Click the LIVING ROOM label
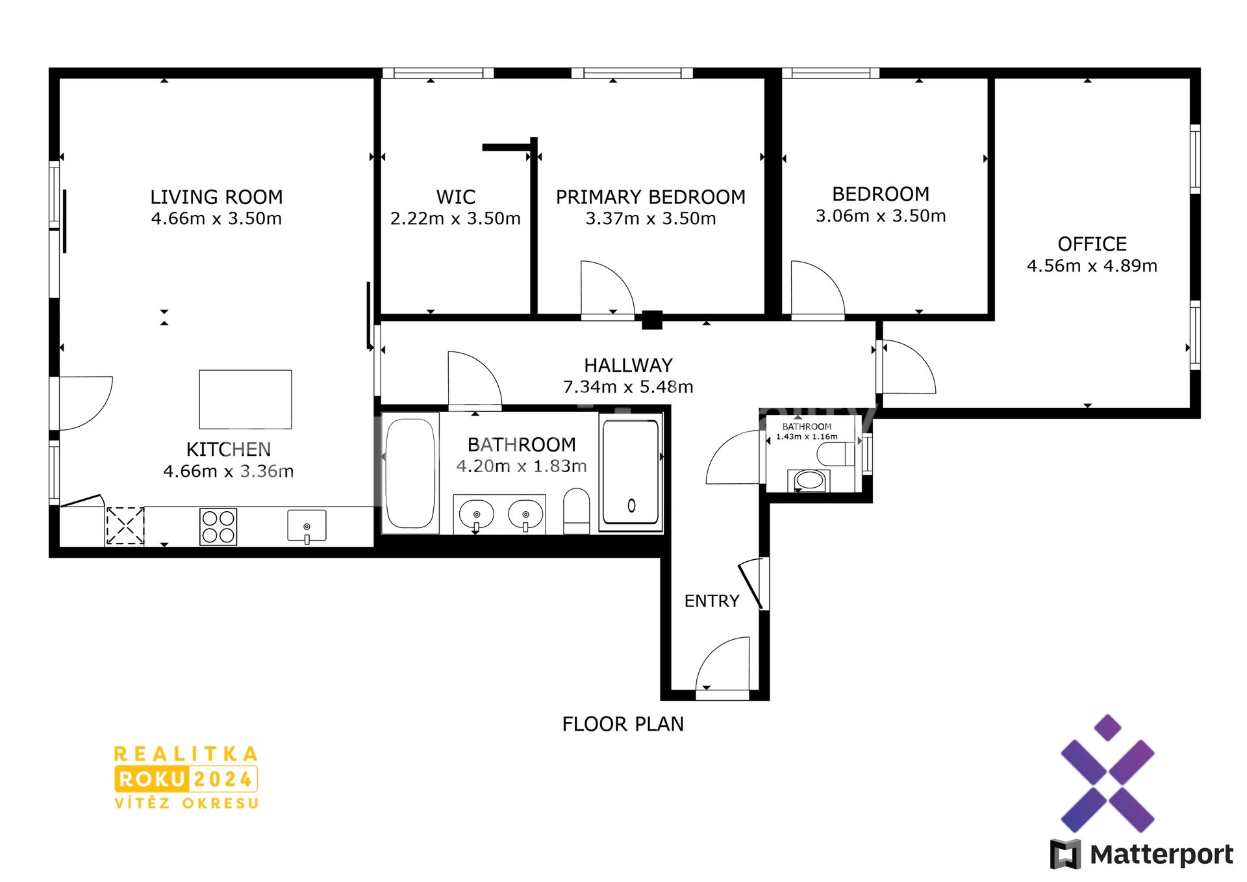tap(216, 197)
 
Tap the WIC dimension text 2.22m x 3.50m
tap(455, 219)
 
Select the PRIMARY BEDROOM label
tap(650, 197)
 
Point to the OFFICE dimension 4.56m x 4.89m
tap(1092, 266)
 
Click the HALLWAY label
tap(628, 365)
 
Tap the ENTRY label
tap(712, 601)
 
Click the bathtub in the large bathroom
tap(410, 473)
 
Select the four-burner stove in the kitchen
tap(218, 526)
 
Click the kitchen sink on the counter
tap(307, 526)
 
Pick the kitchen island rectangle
tap(246, 399)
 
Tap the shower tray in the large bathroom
tap(631, 473)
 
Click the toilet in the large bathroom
tap(576, 511)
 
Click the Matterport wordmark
tap(1161, 855)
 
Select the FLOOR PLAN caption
tap(623, 724)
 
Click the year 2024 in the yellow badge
tap(223, 779)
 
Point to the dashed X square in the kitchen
tap(125, 526)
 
